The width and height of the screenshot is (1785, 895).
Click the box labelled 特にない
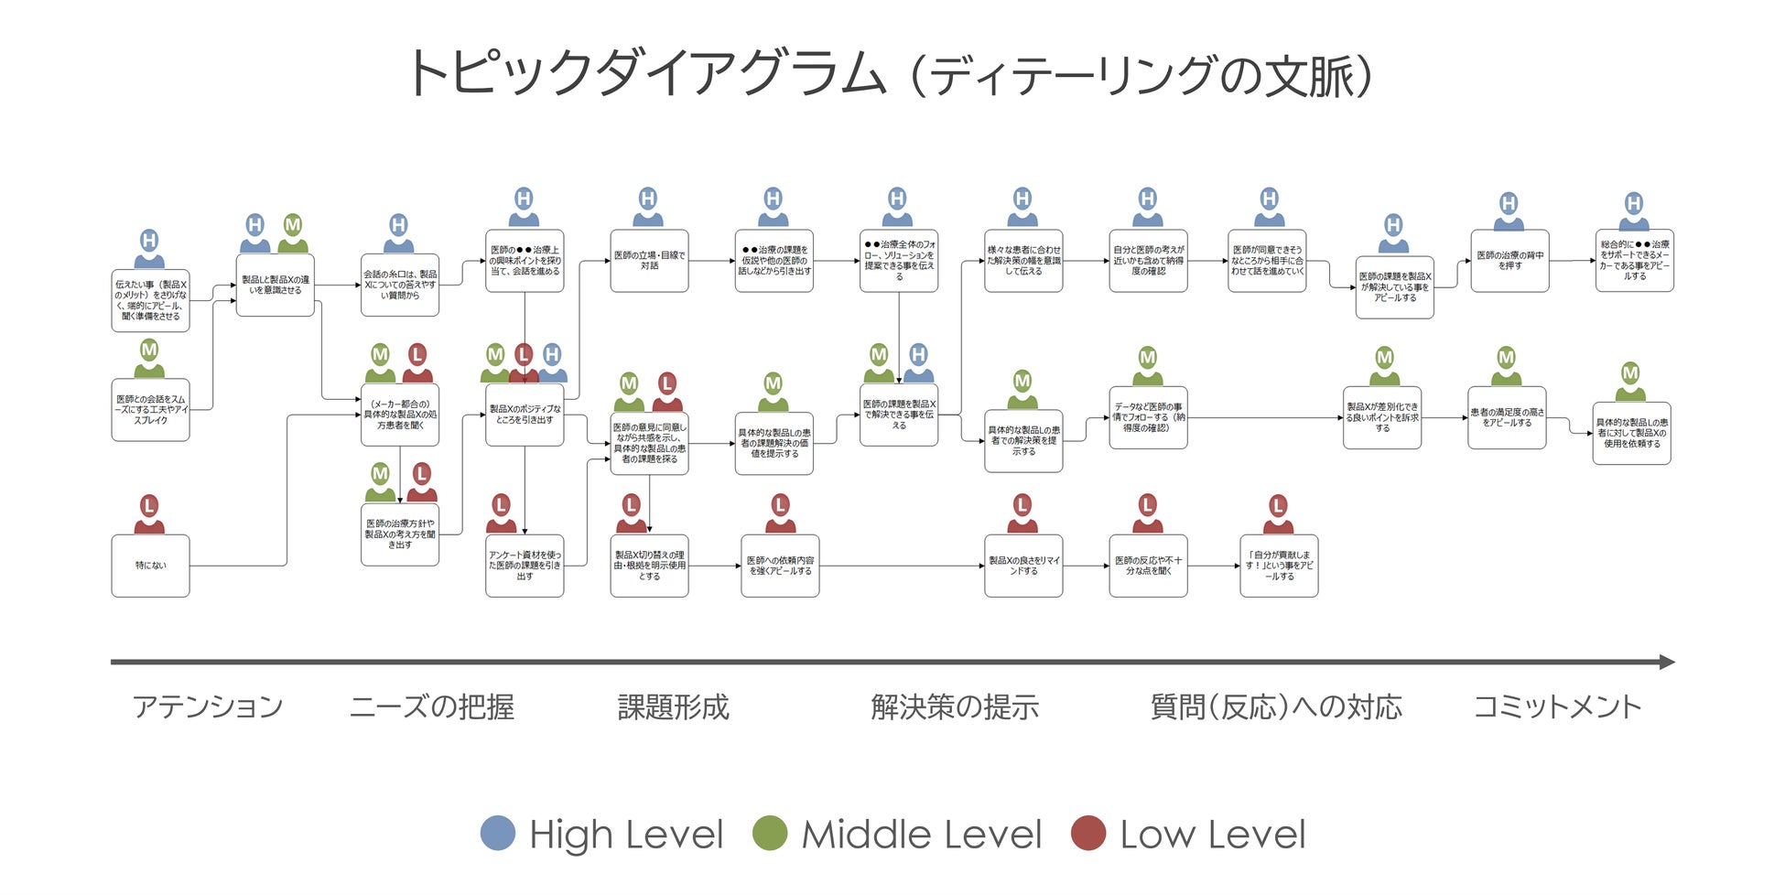tap(150, 566)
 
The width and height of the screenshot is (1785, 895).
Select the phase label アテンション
tap(208, 706)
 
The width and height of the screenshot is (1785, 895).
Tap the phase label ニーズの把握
tap(431, 706)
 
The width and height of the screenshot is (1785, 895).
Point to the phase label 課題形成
tap(673, 706)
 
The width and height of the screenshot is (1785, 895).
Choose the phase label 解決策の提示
tap(954, 706)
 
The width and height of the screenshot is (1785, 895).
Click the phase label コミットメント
tap(1556, 706)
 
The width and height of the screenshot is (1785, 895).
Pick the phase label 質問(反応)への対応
tap(1275, 706)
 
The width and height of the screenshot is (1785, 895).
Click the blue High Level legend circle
tap(498, 833)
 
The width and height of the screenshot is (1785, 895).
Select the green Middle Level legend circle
tap(770, 833)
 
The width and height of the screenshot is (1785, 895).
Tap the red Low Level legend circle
tap(1088, 833)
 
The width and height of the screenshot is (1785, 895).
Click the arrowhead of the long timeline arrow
tap(1667, 662)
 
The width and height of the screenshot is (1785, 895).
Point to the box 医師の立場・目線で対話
tap(649, 261)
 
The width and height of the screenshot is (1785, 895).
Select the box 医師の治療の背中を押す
tap(1509, 261)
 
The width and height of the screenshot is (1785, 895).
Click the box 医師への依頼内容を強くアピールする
tap(780, 566)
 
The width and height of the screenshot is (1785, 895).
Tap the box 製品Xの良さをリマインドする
tap(1023, 566)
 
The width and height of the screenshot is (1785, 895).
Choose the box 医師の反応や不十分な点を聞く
tap(1148, 566)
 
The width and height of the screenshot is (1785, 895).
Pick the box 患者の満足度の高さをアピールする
tap(1507, 417)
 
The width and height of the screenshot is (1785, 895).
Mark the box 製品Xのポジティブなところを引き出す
tap(525, 415)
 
